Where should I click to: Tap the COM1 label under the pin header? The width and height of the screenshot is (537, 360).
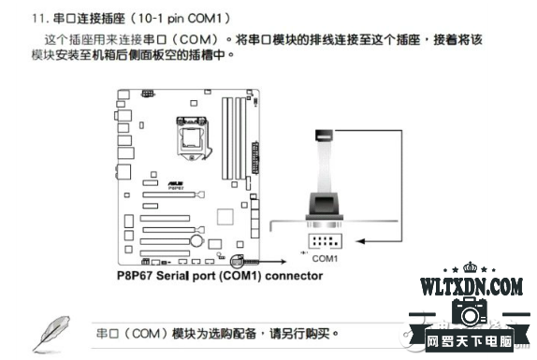325,257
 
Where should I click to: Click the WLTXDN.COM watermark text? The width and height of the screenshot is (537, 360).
471,285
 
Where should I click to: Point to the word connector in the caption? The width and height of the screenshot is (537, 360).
290,276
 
